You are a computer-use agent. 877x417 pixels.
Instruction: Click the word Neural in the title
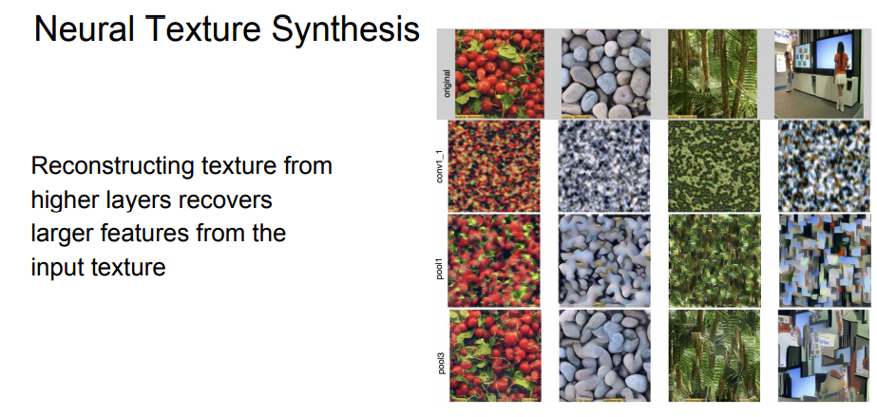[x=84, y=29]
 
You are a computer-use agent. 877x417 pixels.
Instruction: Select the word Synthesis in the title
[x=346, y=30]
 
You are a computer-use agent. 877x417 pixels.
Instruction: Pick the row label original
[x=446, y=83]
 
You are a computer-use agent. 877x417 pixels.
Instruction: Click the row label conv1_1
[x=446, y=167]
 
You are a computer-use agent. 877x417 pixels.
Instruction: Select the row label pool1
[x=446, y=260]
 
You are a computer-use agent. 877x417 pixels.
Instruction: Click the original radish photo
[x=499, y=74]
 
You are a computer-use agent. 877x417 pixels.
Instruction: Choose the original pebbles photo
[x=606, y=74]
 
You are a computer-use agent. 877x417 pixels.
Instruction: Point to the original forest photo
[x=713, y=74]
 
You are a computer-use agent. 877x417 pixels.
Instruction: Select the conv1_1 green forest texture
[x=715, y=166]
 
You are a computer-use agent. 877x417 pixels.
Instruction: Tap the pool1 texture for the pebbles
[x=604, y=261]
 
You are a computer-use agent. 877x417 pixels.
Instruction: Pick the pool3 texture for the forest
[x=715, y=355]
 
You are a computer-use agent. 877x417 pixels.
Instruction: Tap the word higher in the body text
[x=67, y=200]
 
